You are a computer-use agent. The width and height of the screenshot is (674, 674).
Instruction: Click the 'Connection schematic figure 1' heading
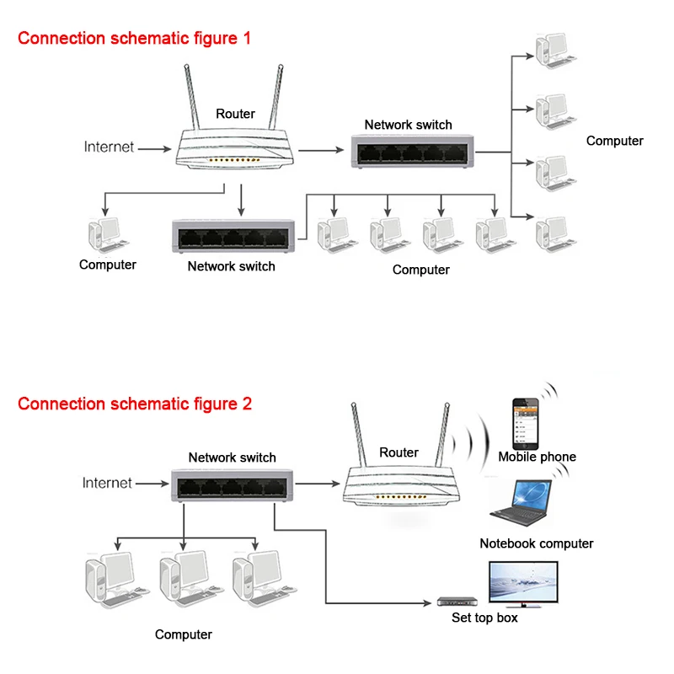(134, 38)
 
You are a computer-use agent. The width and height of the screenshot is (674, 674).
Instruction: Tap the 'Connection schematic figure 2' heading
(135, 404)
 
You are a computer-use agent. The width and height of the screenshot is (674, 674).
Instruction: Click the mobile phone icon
(525, 424)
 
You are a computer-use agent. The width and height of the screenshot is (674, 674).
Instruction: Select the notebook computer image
(521, 503)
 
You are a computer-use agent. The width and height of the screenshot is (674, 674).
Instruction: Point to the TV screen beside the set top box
(523, 583)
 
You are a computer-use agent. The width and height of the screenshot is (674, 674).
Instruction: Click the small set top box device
(457, 602)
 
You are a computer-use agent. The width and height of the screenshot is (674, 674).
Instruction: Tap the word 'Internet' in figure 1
(109, 147)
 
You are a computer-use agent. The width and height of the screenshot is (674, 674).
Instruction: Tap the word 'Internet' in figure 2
(107, 483)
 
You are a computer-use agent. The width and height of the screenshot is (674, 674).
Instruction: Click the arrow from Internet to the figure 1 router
(154, 149)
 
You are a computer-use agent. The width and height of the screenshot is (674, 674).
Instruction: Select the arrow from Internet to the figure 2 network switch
(152, 484)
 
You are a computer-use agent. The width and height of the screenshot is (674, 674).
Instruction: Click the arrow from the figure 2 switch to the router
(318, 484)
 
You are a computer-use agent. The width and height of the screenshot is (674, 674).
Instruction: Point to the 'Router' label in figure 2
(399, 452)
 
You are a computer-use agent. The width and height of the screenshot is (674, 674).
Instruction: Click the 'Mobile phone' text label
(538, 457)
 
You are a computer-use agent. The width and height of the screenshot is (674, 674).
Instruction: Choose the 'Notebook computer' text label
(537, 543)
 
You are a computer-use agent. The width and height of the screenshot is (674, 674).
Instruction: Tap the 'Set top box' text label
(485, 618)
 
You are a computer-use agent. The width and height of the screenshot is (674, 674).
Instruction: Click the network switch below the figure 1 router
(233, 236)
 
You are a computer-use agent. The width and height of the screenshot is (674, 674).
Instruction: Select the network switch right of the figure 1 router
(413, 152)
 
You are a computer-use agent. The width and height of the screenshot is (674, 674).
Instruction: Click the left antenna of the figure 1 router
(192, 97)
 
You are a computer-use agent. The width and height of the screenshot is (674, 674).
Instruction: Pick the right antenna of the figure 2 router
(441, 435)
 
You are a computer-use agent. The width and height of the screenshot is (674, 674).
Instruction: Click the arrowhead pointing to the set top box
(428, 603)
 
